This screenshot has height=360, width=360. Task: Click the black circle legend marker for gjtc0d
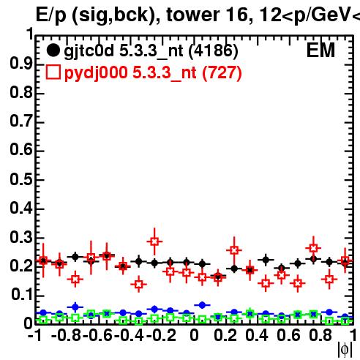click(x=53, y=50)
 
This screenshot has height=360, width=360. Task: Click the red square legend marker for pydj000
click(x=53, y=72)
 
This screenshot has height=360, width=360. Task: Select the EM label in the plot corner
click(x=320, y=50)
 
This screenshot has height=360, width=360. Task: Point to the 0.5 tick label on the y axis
click(x=21, y=179)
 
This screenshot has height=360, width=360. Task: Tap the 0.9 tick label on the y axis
click(x=21, y=64)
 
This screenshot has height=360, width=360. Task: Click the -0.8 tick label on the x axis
click(x=67, y=335)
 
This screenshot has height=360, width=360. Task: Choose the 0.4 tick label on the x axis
click(x=257, y=335)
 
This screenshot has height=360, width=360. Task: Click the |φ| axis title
click(x=345, y=350)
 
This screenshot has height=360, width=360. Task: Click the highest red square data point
click(x=154, y=241)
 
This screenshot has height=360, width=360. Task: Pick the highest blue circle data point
click(x=202, y=305)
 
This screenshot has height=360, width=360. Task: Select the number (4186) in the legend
click(x=214, y=51)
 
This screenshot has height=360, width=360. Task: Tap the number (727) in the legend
click(x=222, y=72)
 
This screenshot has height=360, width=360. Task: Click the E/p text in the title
click(x=51, y=16)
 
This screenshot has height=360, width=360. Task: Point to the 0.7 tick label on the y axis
click(x=21, y=121)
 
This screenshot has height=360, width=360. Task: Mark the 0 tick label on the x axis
click(x=194, y=335)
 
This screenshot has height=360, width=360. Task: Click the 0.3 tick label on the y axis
click(x=21, y=237)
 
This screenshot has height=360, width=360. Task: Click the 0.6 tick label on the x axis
click(x=288, y=335)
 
